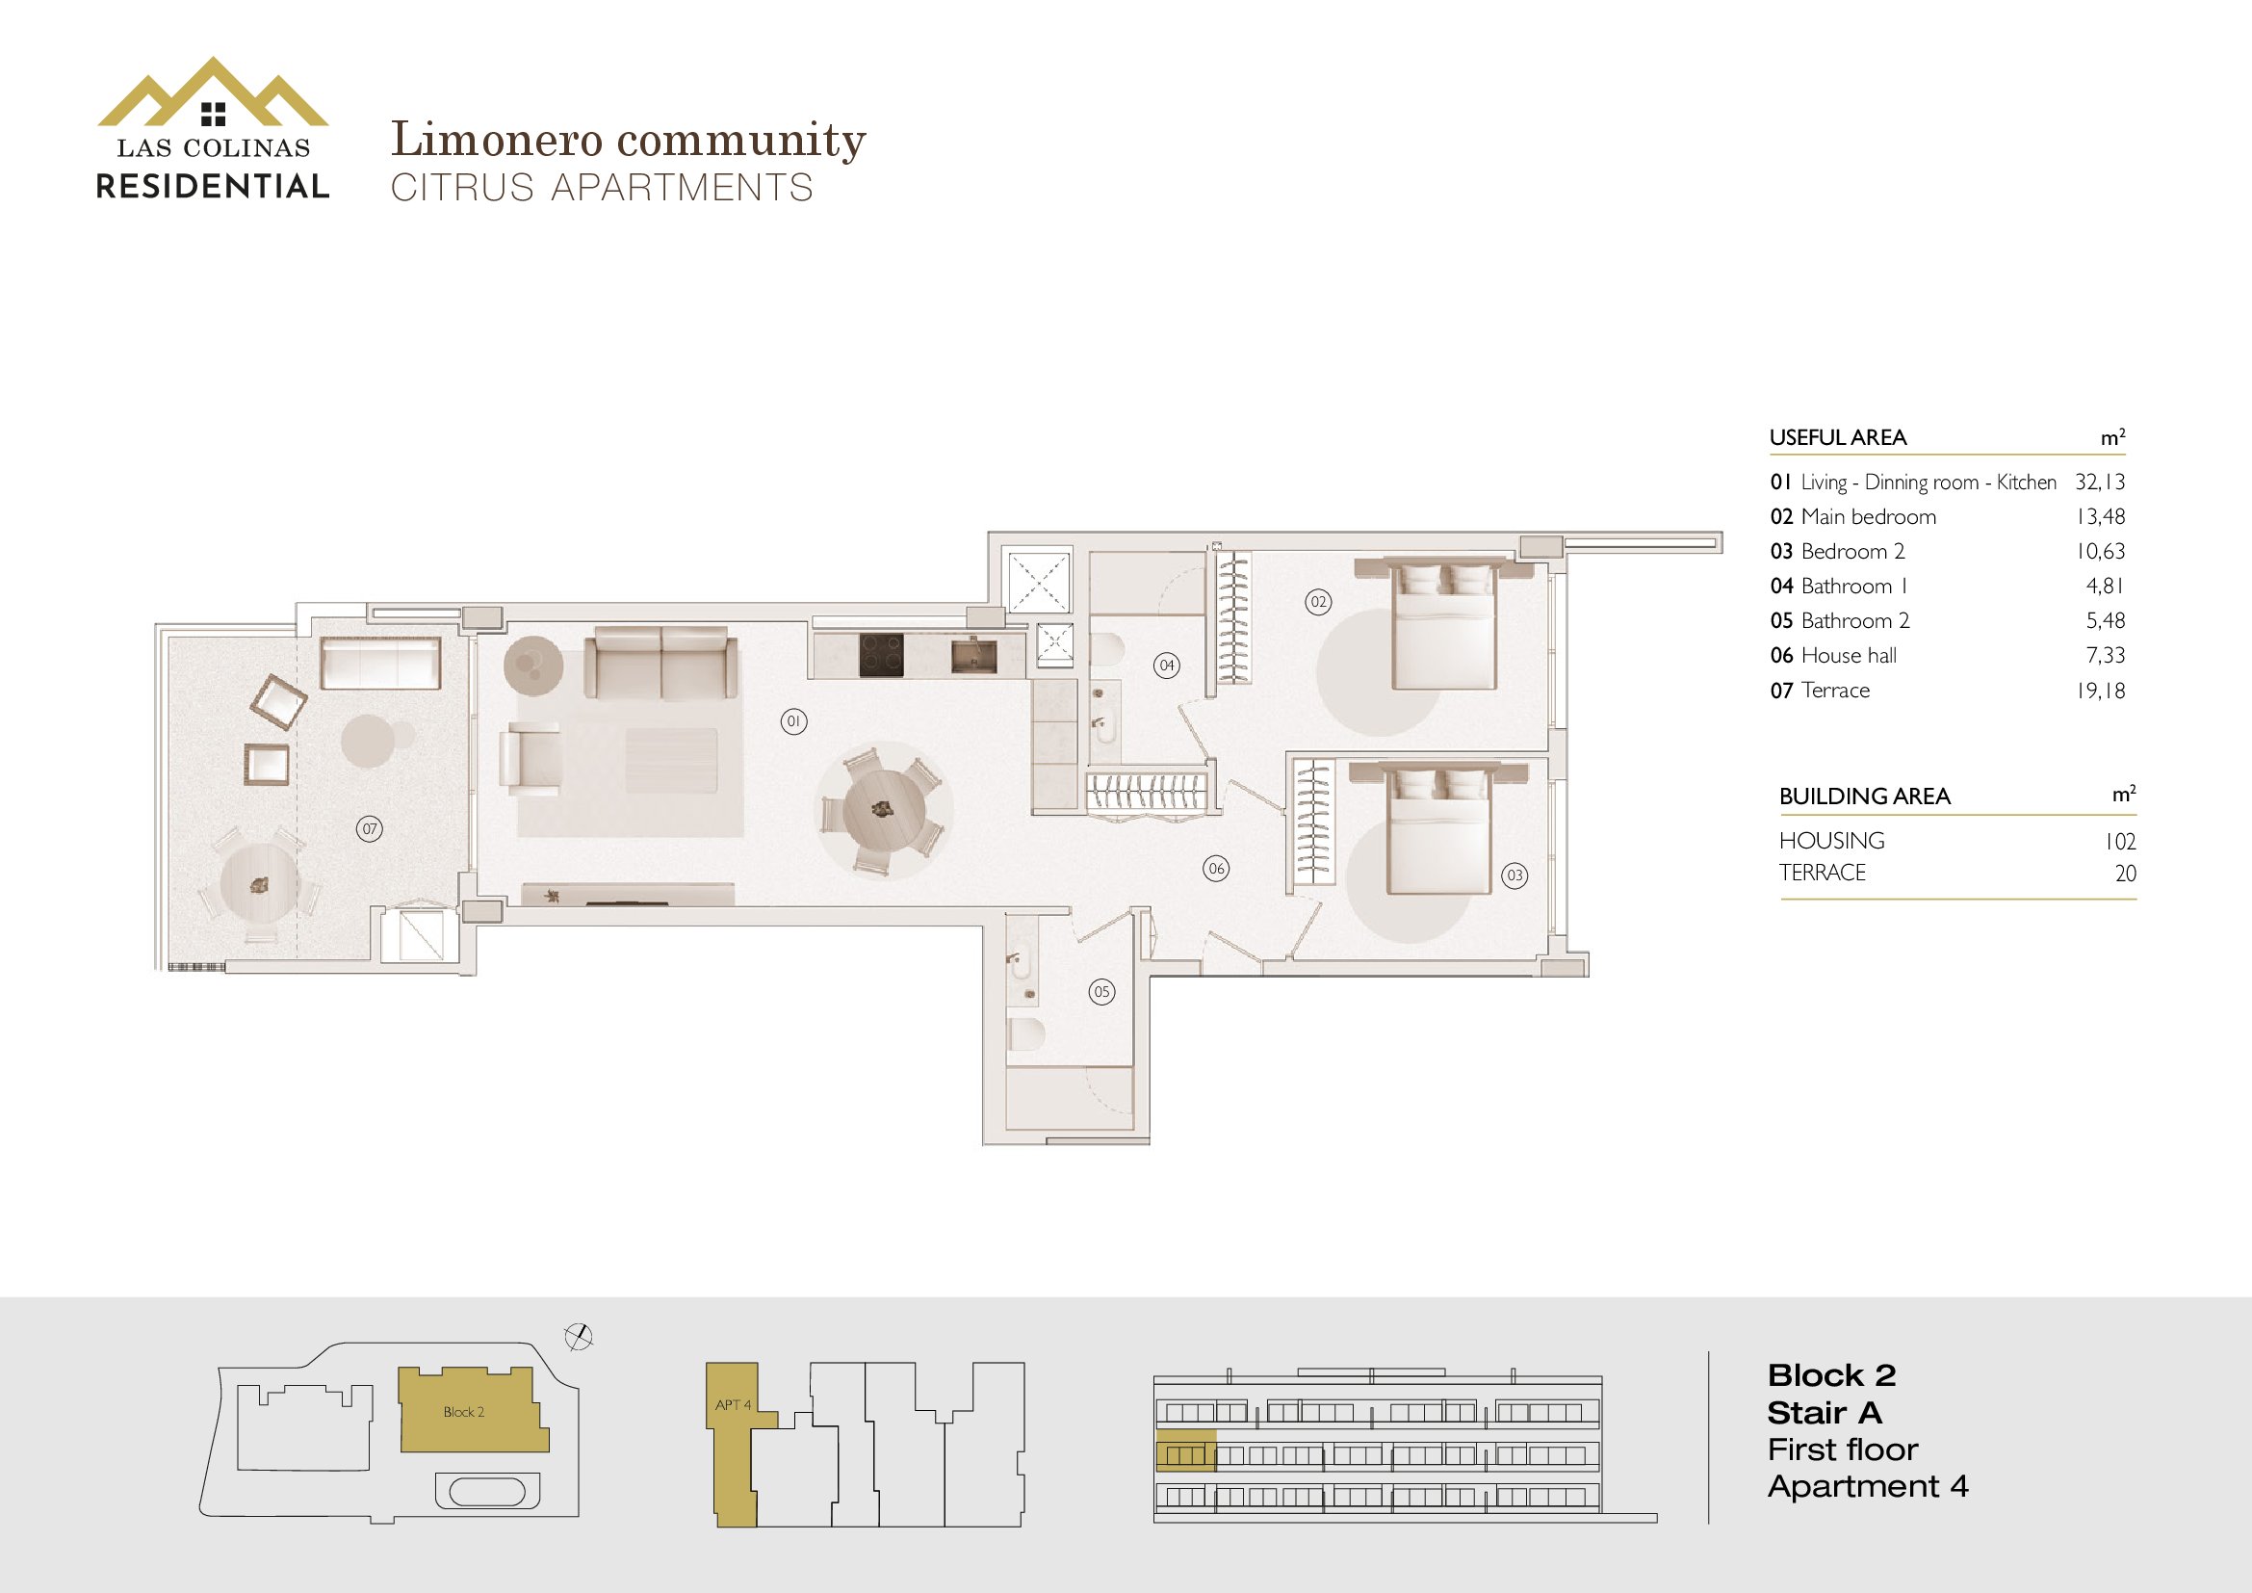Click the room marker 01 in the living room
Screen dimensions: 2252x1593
point(793,722)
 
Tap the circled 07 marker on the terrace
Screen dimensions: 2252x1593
point(369,829)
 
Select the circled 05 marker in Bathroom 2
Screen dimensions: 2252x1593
point(1101,992)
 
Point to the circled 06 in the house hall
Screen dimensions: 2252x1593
point(1216,868)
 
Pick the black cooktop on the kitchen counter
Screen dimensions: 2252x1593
point(881,655)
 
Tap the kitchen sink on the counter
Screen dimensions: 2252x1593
point(974,654)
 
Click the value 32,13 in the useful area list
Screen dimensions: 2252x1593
point(2099,482)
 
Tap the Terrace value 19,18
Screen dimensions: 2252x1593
point(2100,691)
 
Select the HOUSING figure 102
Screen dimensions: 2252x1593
point(2119,842)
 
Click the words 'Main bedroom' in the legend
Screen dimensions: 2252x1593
point(1869,517)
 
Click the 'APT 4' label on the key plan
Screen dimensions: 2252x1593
point(733,1404)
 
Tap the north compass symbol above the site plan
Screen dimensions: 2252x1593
point(580,1336)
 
